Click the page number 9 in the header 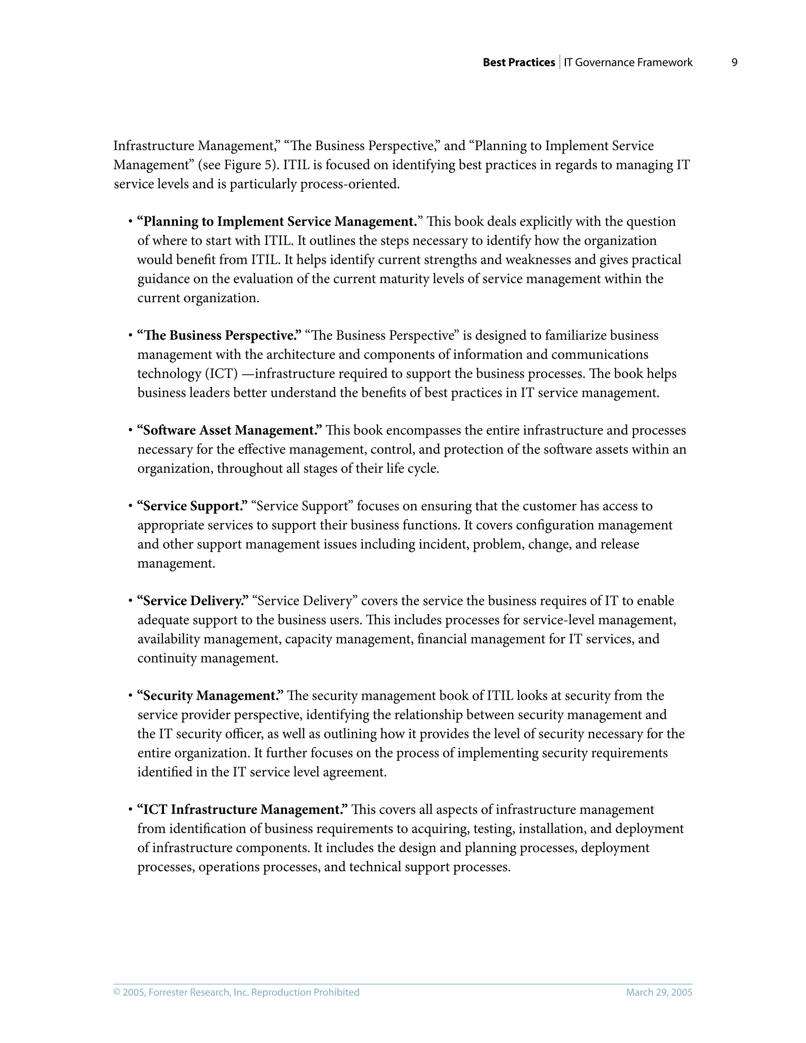tap(734, 63)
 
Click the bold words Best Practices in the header tap(519, 63)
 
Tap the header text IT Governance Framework tap(628, 63)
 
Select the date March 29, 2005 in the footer tap(659, 992)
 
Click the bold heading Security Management tap(211, 696)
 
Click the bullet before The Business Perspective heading tap(130, 336)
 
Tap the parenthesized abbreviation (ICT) tap(221, 374)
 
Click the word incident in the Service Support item tap(444, 544)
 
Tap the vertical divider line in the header tap(560, 63)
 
